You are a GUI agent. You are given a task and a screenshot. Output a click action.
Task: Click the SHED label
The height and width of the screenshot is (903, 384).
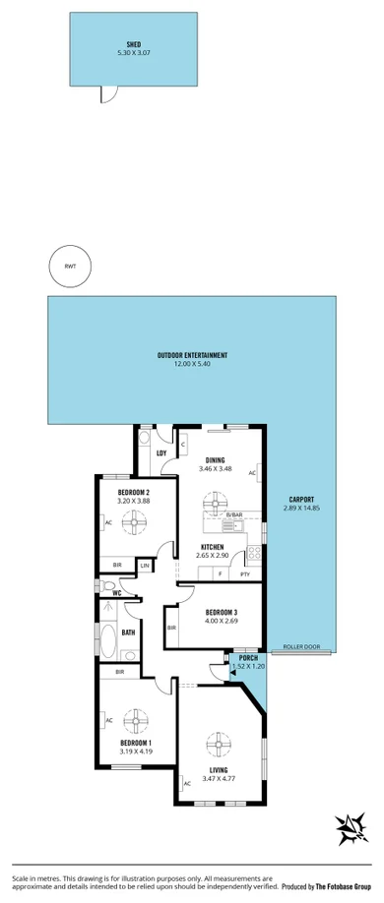tap(134, 44)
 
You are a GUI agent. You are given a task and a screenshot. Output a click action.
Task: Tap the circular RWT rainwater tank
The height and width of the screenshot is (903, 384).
tap(70, 267)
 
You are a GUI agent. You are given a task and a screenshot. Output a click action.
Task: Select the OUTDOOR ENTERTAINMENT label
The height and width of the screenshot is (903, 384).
tap(192, 354)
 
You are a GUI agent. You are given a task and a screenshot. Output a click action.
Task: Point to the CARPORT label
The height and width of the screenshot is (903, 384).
tap(300, 498)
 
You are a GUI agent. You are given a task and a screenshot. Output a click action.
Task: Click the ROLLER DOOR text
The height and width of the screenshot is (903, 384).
tap(301, 646)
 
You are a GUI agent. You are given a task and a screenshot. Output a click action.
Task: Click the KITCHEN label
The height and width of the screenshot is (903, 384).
tap(213, 547)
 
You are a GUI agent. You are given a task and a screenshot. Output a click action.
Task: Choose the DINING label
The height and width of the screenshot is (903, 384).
tap(217, 459)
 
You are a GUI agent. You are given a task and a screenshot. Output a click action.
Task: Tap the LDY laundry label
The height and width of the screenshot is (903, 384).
tap(161, 452)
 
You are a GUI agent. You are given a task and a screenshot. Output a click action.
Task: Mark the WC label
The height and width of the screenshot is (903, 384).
tap(116, 593)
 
